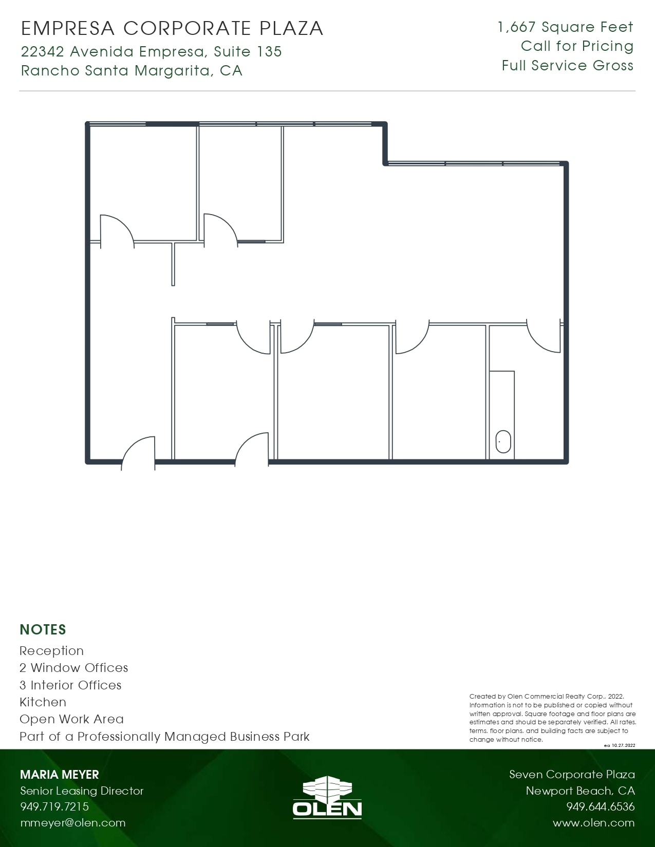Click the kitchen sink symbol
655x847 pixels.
click(503, 442)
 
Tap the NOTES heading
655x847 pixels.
click(43, 630)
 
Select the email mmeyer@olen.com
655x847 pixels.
click(73, 823)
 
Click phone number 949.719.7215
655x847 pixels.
click(54, 806)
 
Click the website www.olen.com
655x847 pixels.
click(593, 823)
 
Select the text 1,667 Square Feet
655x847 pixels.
click(565, 27)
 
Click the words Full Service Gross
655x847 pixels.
click(567, 66)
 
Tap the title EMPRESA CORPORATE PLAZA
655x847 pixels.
click(172, 28)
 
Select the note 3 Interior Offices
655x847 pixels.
click(70, 685)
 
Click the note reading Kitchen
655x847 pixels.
click(43, 702)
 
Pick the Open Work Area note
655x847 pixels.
click(71, 719)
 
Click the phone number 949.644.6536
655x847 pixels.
click(600, 806)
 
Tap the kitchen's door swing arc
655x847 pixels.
click(539, 341)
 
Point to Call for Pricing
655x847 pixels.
click(577, 46)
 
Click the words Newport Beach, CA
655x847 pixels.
click(580, 791)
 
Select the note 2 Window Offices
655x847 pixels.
click(73, 668)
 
